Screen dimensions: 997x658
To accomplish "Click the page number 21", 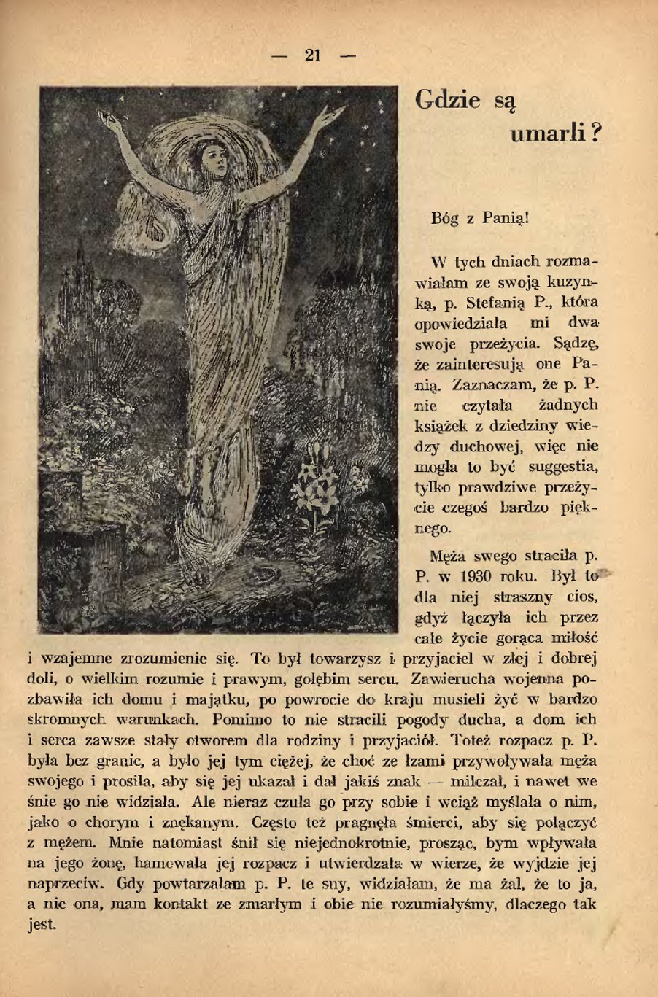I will tap(314, 55).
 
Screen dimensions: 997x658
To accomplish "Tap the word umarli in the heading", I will tap(547, 133).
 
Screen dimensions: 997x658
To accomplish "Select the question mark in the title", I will tap(595, 133).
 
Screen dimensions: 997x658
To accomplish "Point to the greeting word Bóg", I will tap(445, 217).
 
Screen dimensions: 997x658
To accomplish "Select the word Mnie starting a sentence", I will tap(128, 843).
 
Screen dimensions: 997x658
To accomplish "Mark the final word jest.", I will tap(41, 925).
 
